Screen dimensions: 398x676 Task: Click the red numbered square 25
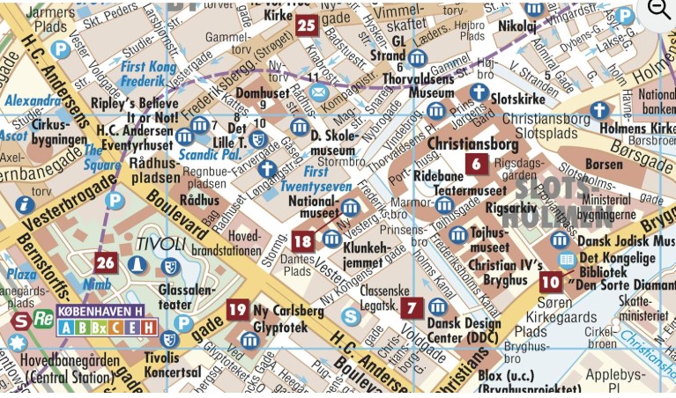306,25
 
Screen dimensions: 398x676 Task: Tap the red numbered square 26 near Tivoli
106,262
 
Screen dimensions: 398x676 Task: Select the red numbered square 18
302,240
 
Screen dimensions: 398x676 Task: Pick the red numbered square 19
236,309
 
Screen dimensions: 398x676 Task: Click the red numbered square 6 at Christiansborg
477,163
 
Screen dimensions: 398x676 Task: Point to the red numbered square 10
551,282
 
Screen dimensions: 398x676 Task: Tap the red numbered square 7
412,308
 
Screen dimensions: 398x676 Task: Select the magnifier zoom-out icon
659,10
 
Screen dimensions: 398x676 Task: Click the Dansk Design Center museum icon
437,307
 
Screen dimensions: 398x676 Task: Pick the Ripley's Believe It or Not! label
134,109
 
